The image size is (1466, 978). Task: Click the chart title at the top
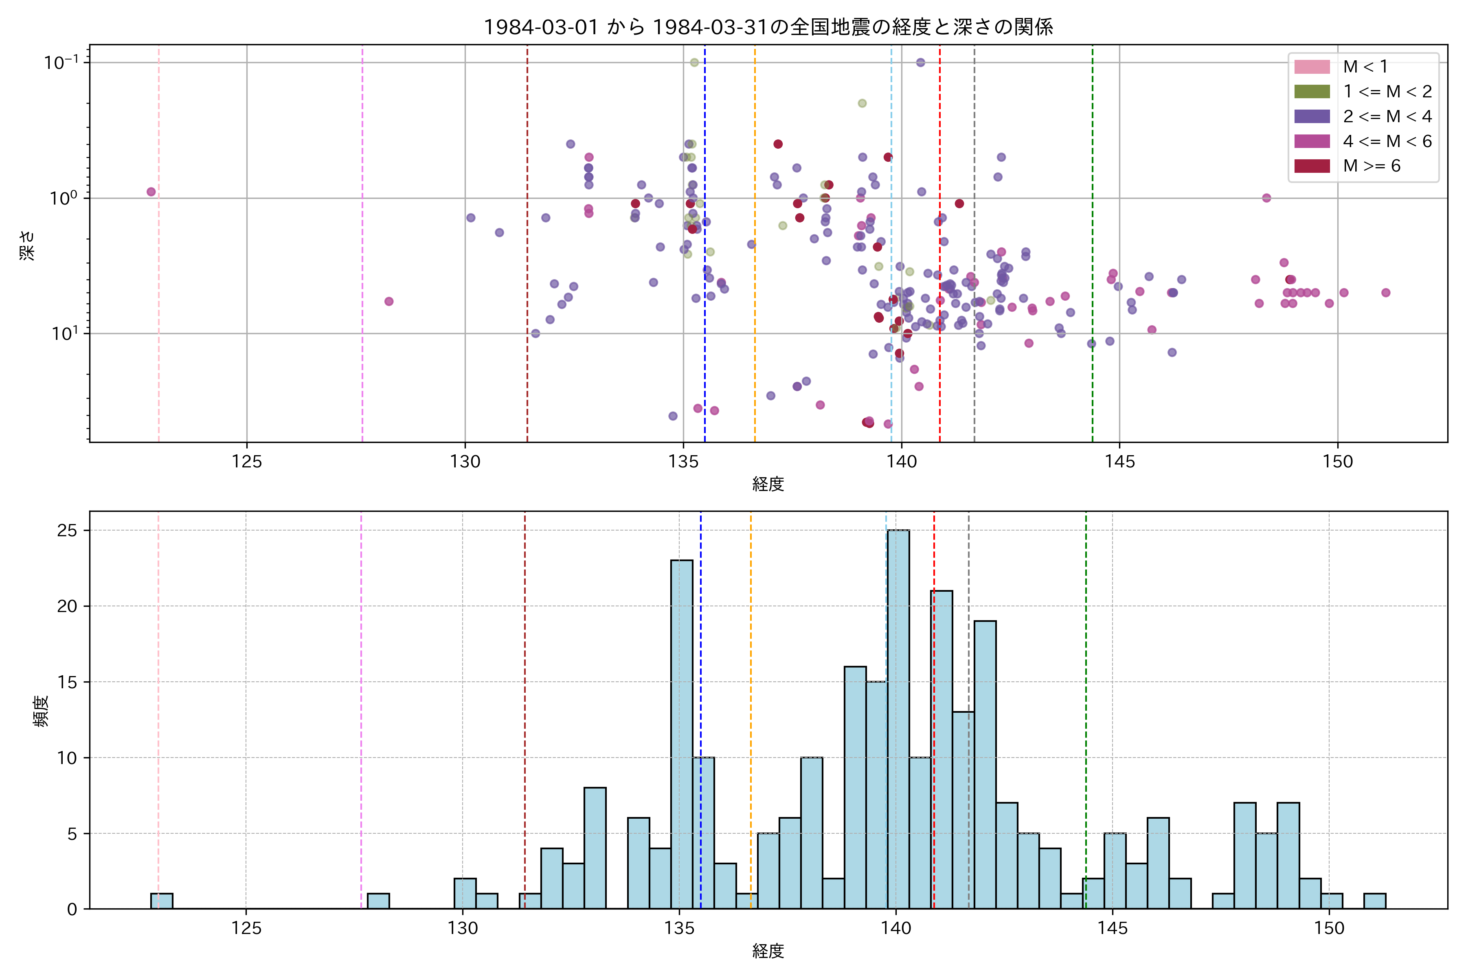click(x=768, y=27)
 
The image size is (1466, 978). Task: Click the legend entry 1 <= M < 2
click(x=1387, y=92)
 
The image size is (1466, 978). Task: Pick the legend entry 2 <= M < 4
click(x=1387, y=117)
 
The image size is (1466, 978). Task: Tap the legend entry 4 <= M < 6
click(x=1387, y=141)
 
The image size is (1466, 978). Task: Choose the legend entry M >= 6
click(x=1371, y=166)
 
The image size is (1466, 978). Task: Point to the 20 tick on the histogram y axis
click(x=67, y=606)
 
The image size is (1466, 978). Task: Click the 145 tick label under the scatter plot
click(x=1119, y=462)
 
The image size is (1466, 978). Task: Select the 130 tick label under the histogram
click(x=463, y=929)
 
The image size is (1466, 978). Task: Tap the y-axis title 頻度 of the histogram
click(x=41, y=711)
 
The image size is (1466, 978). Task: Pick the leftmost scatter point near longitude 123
click(x=151, y=192)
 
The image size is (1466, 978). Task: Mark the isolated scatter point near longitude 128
click(x=389, y=301)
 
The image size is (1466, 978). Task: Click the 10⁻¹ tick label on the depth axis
click(x=61, y=62)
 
